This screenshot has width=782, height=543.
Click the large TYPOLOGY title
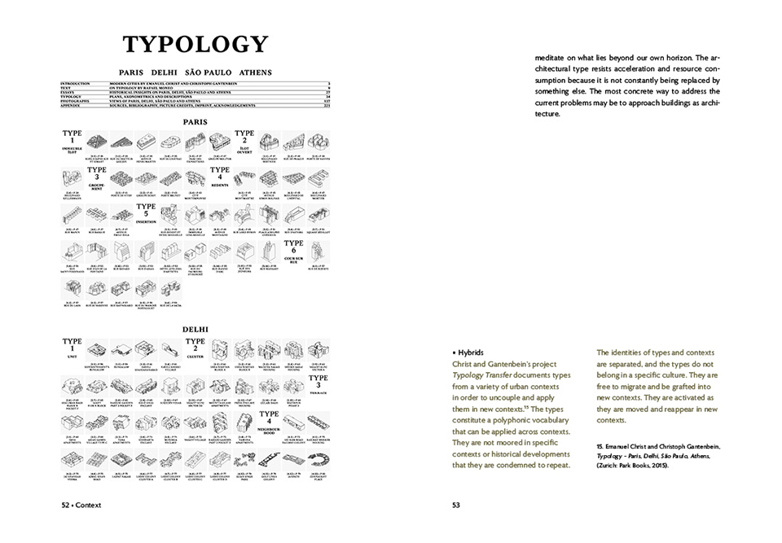[195, 45]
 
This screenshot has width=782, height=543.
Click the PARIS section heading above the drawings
[195, 121]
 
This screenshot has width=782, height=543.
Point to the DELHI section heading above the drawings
[195, 329]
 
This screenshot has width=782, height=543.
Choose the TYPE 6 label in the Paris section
[293, 248]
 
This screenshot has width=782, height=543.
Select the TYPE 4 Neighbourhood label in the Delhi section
[269, 419]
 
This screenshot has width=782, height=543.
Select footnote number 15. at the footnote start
[600, 447]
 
